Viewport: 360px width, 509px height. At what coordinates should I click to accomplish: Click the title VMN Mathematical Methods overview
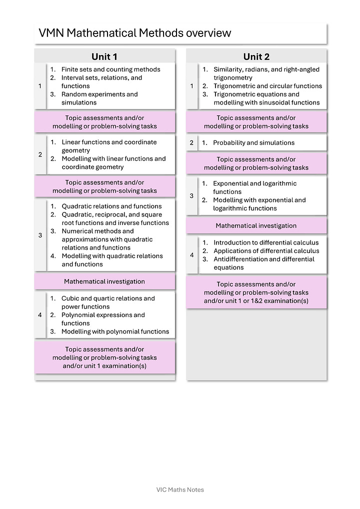(135, 33)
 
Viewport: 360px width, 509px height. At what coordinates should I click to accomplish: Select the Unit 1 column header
(104, 56)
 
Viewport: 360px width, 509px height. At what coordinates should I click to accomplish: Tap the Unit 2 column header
(256, 56)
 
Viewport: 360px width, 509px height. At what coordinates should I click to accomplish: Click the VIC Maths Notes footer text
(180, 489)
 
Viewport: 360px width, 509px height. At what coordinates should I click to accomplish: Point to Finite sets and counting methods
(110, 69)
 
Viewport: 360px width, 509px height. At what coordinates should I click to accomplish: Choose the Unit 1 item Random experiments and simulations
(99, 98)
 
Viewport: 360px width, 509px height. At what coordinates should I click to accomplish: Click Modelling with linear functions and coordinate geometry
(113, 163)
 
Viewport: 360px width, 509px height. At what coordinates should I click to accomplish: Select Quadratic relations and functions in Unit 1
(111, 206)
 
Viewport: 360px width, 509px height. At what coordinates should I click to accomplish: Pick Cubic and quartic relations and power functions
(108, 302)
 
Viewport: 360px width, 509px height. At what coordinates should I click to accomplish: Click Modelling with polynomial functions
(115, 331)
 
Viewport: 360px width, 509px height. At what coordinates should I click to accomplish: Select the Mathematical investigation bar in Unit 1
(104, 281)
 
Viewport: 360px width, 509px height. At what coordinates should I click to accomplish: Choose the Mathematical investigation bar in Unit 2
(256, 225)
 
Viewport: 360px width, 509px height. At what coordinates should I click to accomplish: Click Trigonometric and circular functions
(267, 86)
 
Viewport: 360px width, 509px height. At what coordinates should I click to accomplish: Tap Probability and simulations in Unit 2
(253, 142)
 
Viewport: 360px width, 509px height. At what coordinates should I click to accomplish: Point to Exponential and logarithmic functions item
(254, 187)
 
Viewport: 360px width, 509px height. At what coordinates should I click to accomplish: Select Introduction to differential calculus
(266, 242)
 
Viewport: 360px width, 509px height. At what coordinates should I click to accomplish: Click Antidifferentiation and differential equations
(264, 263)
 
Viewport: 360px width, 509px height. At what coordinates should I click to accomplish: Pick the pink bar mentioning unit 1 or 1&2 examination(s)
(256, 292)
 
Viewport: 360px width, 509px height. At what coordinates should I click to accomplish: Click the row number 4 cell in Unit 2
(192, 255)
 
